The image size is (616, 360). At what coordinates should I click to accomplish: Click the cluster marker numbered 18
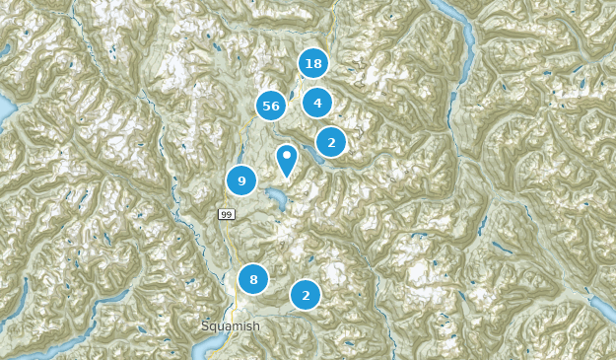[x=313, y=64]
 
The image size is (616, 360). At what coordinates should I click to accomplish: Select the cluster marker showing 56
[x=271, y=106]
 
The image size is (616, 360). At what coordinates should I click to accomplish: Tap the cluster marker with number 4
[x=317, y=103]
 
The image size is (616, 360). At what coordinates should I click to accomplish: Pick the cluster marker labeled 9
[x=241, y=180]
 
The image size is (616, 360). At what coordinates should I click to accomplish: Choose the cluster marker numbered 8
[x=253, y=279]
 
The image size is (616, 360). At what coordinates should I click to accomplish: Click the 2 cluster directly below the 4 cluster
[x=331, y=142]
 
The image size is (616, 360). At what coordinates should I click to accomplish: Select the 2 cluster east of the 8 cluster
[x=306, y=295]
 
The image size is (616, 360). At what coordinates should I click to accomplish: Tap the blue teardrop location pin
[x=287, y=159]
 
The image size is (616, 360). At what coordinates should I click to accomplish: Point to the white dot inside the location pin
[x=287, y=155]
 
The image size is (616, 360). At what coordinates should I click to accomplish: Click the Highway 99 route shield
[x=227, y=214]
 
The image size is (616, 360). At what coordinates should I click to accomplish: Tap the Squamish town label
[x=231, y=326]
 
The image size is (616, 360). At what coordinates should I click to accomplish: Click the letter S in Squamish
[x=205, y=326]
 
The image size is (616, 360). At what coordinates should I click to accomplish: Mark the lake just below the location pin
[x=275, y=200]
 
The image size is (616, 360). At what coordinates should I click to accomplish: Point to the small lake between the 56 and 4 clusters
[x=292, y=96]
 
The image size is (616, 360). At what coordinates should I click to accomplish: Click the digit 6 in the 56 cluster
[x=276, y=106]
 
